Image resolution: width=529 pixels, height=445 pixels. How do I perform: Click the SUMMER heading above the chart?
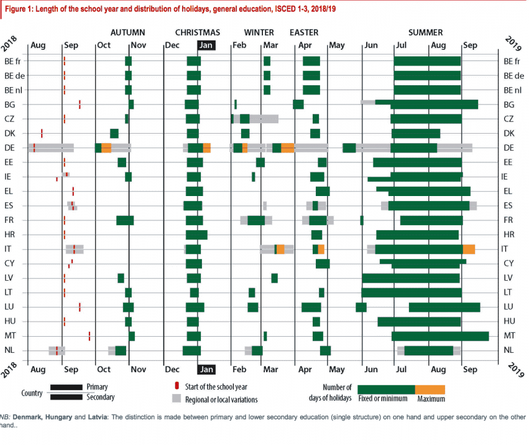point(425,32)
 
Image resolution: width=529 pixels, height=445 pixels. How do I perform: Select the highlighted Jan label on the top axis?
point(206,45)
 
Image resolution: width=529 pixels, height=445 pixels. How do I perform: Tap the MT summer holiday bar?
point(440,336)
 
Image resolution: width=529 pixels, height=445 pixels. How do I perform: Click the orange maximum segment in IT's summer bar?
point(469,249)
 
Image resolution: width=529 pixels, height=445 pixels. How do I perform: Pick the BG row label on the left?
point(10,105)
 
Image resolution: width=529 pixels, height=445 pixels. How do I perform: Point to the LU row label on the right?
point(509,307)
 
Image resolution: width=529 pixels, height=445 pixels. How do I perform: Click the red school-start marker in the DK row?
point(42,133)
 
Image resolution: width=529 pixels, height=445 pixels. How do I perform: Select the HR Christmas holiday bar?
point(196,235)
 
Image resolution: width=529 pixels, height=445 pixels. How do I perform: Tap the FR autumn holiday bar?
point(125,220)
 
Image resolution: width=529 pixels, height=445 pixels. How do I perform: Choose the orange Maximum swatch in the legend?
point(430,390)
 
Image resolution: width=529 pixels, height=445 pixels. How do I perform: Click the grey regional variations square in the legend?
point(177,399)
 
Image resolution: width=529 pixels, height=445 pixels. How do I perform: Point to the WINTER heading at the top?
point(259,32)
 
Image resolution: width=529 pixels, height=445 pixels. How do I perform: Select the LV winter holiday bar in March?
point(274,278)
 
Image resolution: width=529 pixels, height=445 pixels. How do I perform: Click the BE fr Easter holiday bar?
point(311,61)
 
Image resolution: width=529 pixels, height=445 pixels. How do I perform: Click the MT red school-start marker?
point(89,336)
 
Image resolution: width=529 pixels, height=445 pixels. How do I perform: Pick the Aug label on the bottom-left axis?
point(38,369)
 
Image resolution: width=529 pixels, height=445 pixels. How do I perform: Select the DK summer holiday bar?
point(416,133)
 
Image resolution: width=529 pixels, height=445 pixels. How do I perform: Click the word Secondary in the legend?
point(101,396)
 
